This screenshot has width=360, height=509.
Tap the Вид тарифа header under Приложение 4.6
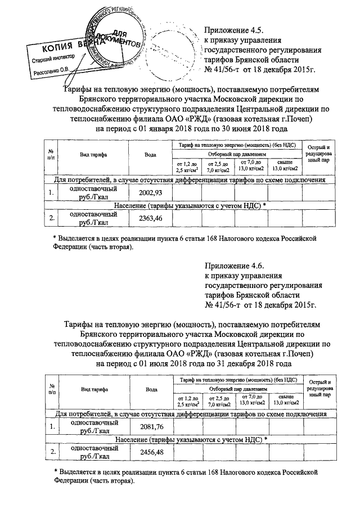[94, 389]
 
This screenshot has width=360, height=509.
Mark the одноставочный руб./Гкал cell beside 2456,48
[94, 452]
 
